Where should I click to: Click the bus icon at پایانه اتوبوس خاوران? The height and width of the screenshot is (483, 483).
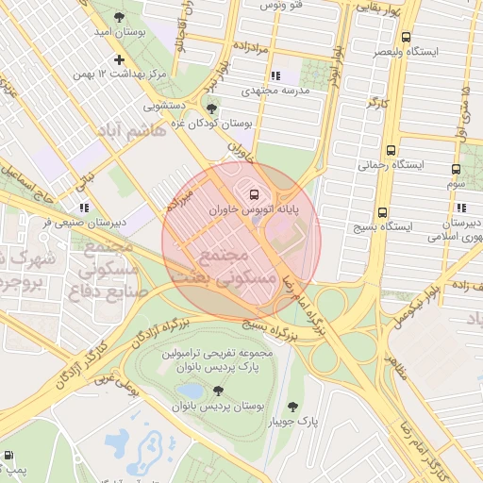(252, 194)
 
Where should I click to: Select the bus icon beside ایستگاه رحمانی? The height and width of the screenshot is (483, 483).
(391, 149)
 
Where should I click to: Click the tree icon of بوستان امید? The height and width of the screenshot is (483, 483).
(118, 17)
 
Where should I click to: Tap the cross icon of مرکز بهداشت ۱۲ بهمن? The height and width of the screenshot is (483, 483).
(118, 59)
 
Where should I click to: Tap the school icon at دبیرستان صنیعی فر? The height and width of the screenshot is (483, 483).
(84, 207)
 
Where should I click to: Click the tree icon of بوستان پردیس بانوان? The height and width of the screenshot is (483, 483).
(219, 390)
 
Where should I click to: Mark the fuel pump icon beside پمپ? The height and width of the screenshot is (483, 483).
(8, 456)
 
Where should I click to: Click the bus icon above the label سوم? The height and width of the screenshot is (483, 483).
(456, 170)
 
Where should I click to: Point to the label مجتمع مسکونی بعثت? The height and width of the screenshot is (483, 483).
(223, 267)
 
